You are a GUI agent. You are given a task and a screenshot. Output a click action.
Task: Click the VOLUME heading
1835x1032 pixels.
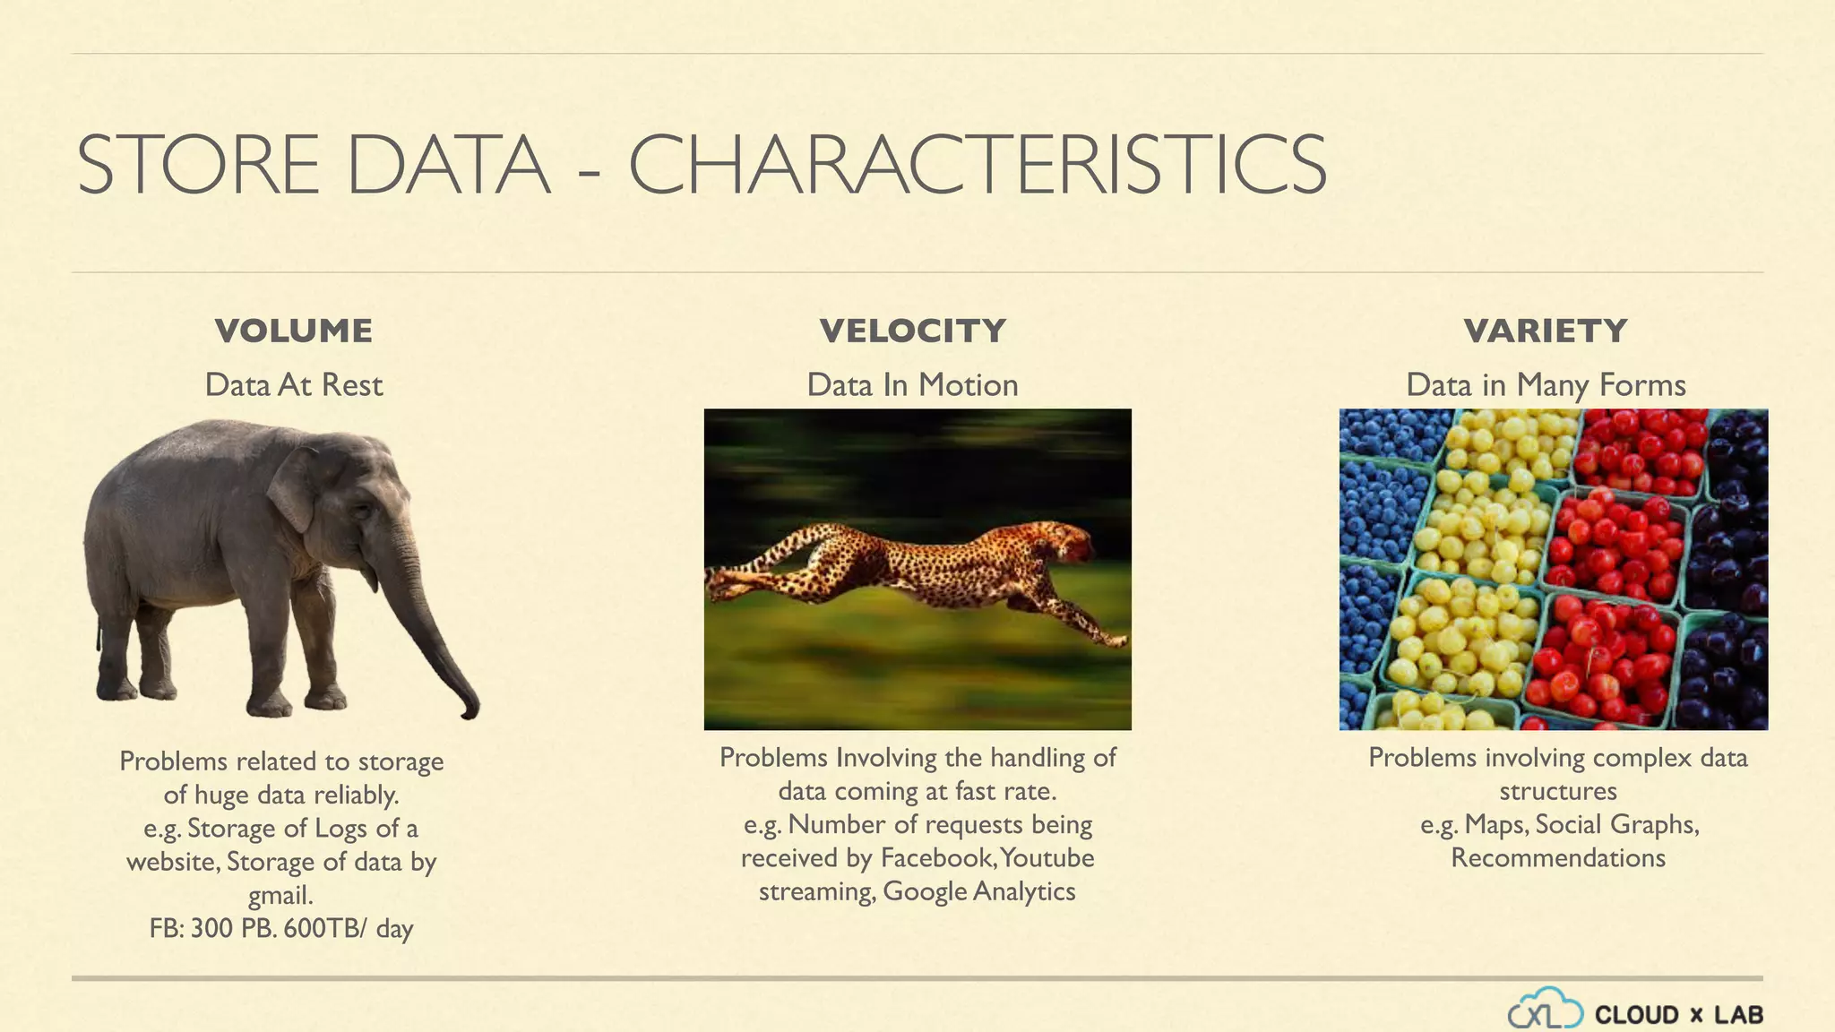(293, 331)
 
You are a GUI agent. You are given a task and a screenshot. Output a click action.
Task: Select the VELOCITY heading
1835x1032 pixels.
(912, 331)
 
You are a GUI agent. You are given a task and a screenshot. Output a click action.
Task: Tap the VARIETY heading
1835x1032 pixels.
(1546, 331)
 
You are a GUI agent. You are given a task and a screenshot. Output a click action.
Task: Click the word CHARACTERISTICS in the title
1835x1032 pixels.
(977, 165)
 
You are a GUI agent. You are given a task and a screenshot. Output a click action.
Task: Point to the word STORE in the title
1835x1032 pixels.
(198, 165)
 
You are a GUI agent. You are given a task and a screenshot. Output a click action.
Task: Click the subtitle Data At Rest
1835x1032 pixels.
(293, 384)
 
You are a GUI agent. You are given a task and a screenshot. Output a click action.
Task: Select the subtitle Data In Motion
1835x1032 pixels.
(912, 384)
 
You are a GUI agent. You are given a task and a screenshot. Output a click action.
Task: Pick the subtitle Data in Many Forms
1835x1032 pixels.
(1546, 384)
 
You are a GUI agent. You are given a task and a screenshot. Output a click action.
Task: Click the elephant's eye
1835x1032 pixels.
(360, 512)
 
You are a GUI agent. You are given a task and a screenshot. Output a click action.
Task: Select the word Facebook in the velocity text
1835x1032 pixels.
(937, 857)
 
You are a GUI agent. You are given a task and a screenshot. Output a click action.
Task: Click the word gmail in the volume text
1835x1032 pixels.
(280, 895)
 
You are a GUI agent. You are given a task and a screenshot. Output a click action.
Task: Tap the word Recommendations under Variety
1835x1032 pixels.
(1557, 857)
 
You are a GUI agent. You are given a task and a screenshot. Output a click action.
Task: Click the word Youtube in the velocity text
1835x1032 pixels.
(1047, 857)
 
